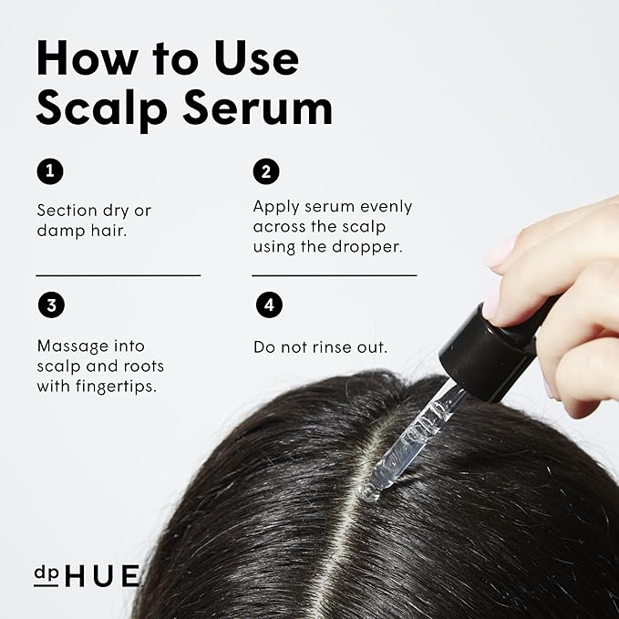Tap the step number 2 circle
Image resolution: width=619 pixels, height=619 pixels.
tap(266, 170)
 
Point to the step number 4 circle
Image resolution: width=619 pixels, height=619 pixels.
tap(266, 305)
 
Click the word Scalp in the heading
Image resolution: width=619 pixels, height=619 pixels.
tap(98, 108)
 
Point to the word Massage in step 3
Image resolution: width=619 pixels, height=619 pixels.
tap(72, 346)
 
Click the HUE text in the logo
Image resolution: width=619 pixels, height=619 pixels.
tap(104, 576)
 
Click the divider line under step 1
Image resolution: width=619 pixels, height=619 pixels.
tap(118, 274)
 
